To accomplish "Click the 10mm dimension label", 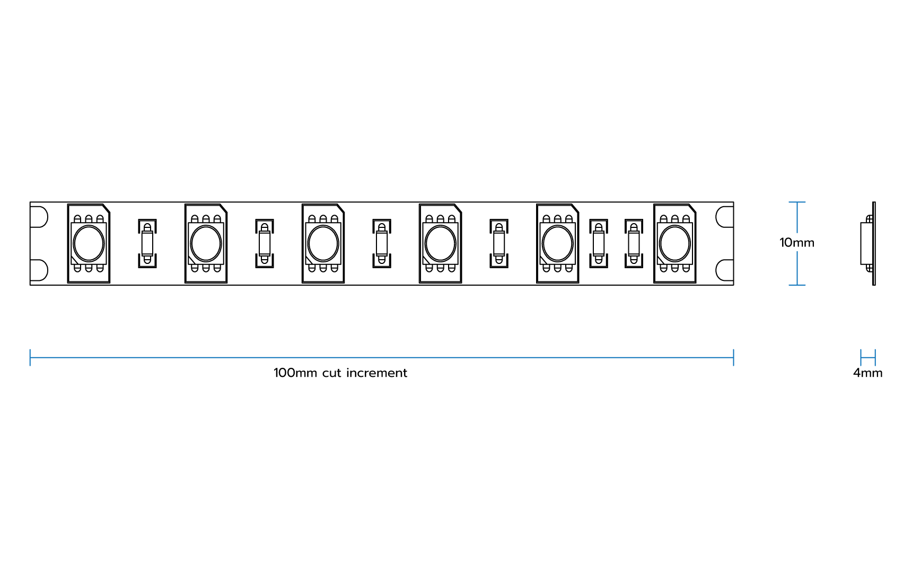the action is coord(796,243).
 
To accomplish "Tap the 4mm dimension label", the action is coord(867,373).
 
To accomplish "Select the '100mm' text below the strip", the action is coord(295,373).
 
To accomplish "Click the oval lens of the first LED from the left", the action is coord(89,244).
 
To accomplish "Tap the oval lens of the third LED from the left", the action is coord(323,244).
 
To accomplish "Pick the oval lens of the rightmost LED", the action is coord(674,244).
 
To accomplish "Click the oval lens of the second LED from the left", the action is coord(206,244).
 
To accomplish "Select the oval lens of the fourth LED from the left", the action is coord(440,244).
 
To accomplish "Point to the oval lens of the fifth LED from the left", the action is coord(557,244).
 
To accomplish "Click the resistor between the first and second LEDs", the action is coord(147,244).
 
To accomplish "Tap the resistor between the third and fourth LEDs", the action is coord(382,244).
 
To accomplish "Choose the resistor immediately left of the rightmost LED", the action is coord(634,244).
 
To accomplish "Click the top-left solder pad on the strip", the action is coord(39,217).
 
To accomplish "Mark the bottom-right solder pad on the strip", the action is coord(725,270).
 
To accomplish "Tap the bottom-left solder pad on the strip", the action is coord(39,270).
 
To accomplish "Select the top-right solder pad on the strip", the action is coord(725,217).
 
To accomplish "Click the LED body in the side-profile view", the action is coord(866,243).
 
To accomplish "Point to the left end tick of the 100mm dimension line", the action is coord(30,358).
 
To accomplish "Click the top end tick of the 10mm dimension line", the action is coord(797,202).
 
